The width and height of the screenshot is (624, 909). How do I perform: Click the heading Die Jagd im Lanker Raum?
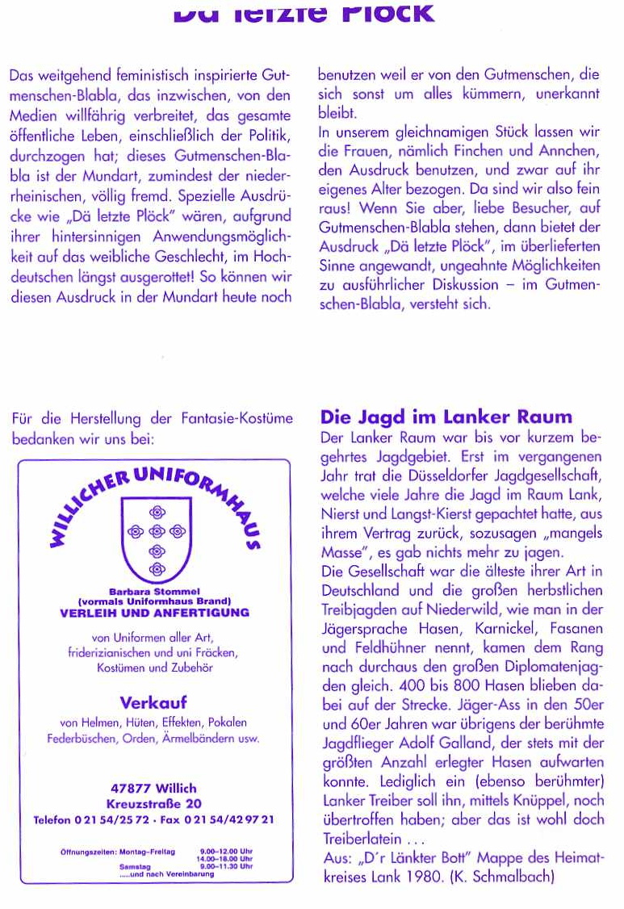click(446, 417)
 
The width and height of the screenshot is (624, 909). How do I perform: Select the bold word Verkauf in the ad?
click(153, 702)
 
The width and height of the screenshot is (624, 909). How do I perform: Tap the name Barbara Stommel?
click(153, 591)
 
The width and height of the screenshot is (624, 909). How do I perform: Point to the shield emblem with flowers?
click(153, 543)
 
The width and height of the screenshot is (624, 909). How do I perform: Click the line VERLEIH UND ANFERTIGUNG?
click(153, 613)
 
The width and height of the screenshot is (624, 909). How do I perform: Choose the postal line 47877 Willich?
click(153, 788)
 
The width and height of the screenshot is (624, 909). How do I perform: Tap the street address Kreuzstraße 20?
click(153, 804)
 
